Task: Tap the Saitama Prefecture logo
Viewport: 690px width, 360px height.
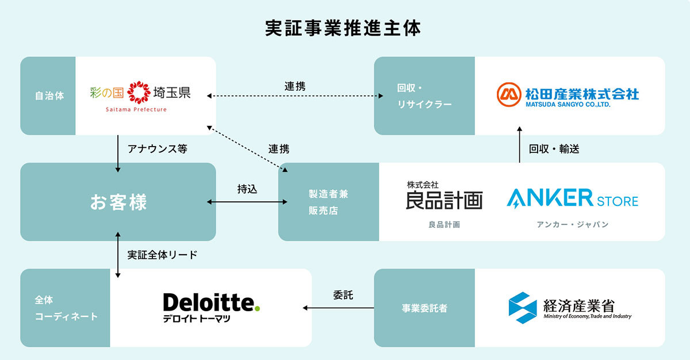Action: tap(140, 95)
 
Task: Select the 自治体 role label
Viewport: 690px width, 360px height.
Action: tap(48, 95)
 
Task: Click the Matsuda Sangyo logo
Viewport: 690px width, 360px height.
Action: tap(568, 95)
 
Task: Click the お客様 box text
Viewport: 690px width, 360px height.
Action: tap(118, 202)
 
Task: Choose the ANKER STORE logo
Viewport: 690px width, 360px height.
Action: tap(572, 199)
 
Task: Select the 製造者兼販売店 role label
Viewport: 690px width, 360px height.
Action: tap(328, 202)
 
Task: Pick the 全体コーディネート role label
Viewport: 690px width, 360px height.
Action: tap(64, 308)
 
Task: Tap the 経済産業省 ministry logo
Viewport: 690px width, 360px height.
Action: tap(569, 308)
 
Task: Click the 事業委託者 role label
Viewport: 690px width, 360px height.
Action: tap(424, 308)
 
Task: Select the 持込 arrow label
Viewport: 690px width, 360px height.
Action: tap(247, 189)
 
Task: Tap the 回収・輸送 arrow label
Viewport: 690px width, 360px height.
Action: tap(554, 149)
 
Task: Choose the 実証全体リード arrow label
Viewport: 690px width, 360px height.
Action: tap(162, 255)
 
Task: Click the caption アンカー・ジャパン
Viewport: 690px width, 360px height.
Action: tap(572, 224)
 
